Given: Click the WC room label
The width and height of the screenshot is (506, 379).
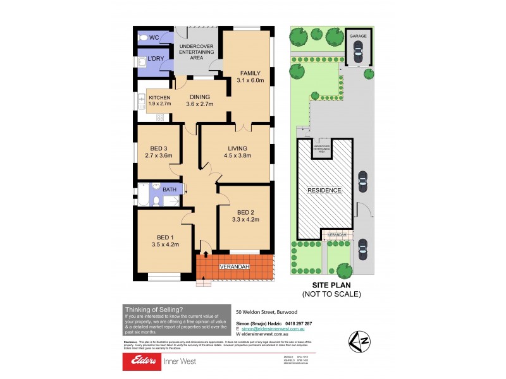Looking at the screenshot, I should [154, 38].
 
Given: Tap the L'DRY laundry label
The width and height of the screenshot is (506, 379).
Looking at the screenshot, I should [156, 61].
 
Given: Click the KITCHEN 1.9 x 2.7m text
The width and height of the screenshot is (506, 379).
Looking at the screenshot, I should [159, 100].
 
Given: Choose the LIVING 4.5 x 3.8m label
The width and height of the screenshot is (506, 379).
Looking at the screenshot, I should [238, 152].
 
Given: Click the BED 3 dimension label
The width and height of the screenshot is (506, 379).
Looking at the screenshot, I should [158, 152].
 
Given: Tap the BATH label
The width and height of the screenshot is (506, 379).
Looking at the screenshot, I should [170, 189].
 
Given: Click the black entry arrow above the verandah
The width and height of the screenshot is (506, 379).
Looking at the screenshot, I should [203, 253].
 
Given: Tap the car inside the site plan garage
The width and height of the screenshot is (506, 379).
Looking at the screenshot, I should [359, 56].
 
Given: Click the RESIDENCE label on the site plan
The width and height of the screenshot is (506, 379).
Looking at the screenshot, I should [324, 190].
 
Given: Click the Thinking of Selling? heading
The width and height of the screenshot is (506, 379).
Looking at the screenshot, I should [154, 309].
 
